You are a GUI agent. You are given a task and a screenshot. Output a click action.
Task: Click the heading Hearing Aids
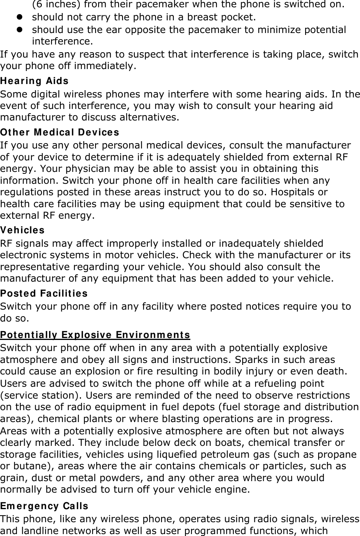pyautogui.click(x=34, y=81)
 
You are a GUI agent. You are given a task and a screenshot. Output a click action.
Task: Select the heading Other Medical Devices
pyautogui.click(x=59, y=132)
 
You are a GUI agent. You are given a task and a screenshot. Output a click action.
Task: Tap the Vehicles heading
pyautogui.click(x=22, y=230)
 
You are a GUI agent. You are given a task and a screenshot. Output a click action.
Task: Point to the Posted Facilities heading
pyautogui.click(x=44, y=294)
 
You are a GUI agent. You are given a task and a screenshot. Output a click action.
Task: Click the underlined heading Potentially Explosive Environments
pyautogui.click(x=95, y=335)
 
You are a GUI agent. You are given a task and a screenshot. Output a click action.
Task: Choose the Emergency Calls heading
pyautogui.click(x=44, y=506)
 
